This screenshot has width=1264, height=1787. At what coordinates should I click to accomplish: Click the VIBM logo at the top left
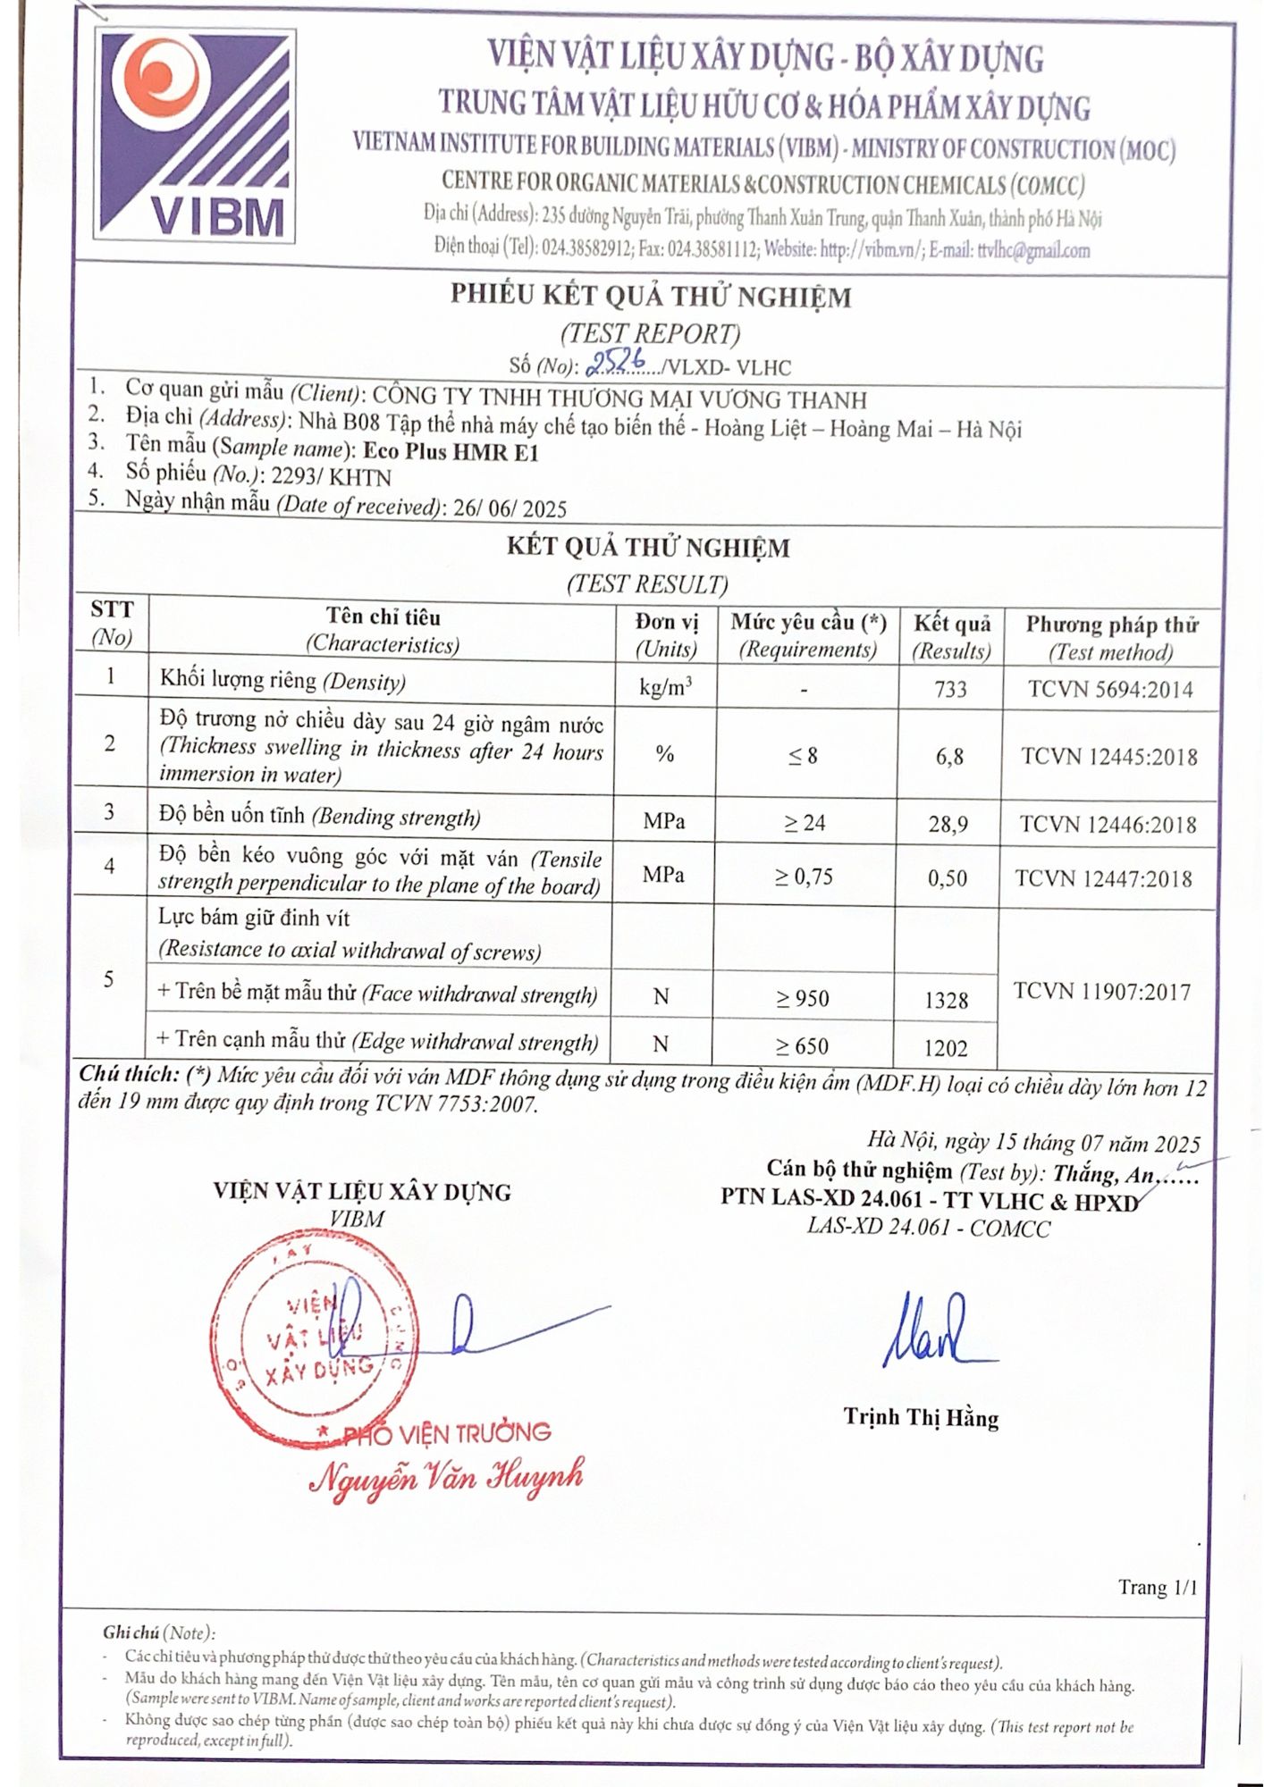click(195, 136)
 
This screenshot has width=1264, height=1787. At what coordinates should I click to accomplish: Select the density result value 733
click(950, 689)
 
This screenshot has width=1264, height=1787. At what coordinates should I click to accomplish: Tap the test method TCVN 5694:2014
click(1110, 689)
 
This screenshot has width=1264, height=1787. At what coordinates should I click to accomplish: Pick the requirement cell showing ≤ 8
click(804, 756)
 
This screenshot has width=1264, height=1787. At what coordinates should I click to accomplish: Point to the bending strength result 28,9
click(948, 824)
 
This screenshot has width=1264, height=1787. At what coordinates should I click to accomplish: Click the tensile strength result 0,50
click(948, 878)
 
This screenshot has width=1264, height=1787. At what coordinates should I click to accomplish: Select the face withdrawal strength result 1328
click(947, 1000)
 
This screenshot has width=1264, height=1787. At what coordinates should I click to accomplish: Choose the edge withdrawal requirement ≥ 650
click(803, 1046)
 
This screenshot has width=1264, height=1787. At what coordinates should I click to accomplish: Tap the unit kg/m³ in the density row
click(666, 687)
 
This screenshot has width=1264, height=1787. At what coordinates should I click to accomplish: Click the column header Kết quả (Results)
click(951, 636)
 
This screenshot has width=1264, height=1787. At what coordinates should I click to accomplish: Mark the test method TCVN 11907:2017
click(1102, 992)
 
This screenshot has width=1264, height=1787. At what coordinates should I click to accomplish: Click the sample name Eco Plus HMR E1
click(451, 451)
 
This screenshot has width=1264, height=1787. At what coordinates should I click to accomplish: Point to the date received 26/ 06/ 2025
click(510, 508)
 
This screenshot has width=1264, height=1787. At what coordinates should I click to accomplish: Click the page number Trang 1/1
click(1157, 1588)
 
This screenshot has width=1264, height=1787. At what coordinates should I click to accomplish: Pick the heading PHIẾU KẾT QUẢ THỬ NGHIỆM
click(651, 296)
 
